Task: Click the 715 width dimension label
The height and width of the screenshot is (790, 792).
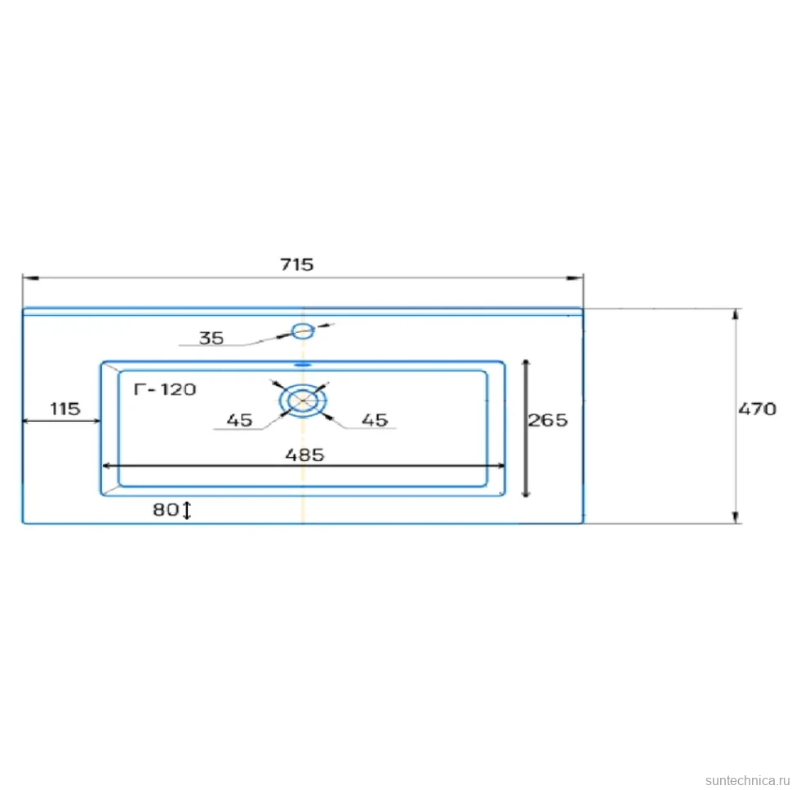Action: (x=297, y=264)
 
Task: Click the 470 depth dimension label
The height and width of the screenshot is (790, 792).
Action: (x=757, y=408)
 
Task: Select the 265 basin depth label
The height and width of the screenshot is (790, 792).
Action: (x=548, y=420)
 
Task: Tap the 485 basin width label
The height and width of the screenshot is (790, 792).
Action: (x=305, y=455)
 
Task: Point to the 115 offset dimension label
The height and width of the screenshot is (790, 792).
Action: (x=65, y=408)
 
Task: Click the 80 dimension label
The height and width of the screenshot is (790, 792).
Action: (x=166, y=510)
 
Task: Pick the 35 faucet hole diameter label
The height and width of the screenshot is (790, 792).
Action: (x=211, y=338)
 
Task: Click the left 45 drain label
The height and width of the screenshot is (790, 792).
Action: (x=239, y=420)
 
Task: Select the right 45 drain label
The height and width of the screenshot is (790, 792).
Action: (x=375, y=420)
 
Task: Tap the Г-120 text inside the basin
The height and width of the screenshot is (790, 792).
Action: (x=165, y=389)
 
